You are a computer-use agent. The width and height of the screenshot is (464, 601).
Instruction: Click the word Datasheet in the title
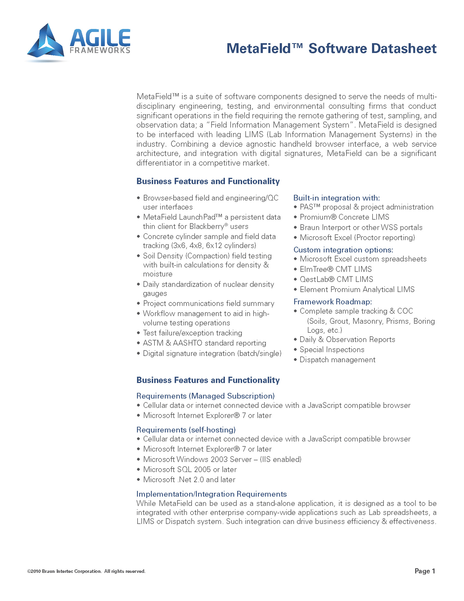tap(404, 49)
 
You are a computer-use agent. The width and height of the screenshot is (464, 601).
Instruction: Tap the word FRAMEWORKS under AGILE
tap(100, 50)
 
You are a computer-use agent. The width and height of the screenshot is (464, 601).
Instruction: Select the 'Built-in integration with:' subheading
tap(337, 198)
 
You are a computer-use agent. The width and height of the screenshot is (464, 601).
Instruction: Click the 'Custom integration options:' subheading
tap(343, 250)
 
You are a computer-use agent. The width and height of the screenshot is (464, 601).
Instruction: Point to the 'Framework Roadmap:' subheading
tap(333, 302)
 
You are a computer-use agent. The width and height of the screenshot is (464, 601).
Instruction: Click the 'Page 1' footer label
tap(425, 571)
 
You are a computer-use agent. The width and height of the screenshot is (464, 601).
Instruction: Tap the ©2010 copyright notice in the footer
tap(86, 571)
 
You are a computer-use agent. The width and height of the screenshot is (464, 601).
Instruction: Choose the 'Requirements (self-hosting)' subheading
tap(186, 429)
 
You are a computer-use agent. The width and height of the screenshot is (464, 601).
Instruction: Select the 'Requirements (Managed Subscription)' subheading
tap(205, 396)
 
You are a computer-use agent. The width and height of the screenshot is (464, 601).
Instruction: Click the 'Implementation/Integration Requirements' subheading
tap(211, 494)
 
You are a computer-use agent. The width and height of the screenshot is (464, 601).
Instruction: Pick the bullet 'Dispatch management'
tap(337, 360)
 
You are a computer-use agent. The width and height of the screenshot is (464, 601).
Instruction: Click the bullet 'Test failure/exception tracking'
tap(192, 333)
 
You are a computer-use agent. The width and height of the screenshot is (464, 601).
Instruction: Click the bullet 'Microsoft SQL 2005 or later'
tap(190, 469)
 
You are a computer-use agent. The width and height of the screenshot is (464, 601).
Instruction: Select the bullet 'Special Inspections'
tap(332, 349)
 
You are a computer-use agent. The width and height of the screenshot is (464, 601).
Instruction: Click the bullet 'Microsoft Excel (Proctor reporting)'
tap(357, 237)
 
